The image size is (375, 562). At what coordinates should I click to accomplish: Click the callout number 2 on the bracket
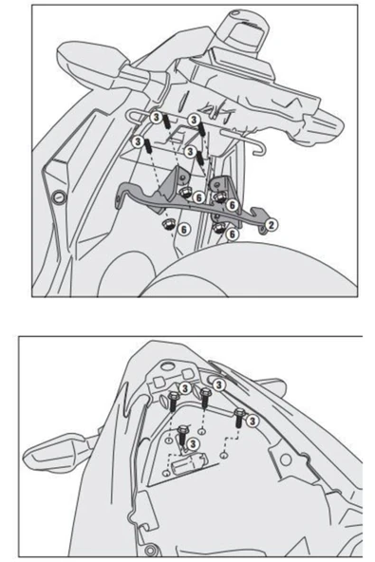point(272,224)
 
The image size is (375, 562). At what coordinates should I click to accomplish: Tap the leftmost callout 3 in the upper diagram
point(140,140)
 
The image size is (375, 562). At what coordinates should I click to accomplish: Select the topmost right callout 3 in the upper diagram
point(194,121)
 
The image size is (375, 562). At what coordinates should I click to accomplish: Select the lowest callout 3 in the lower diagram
point(193,442)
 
